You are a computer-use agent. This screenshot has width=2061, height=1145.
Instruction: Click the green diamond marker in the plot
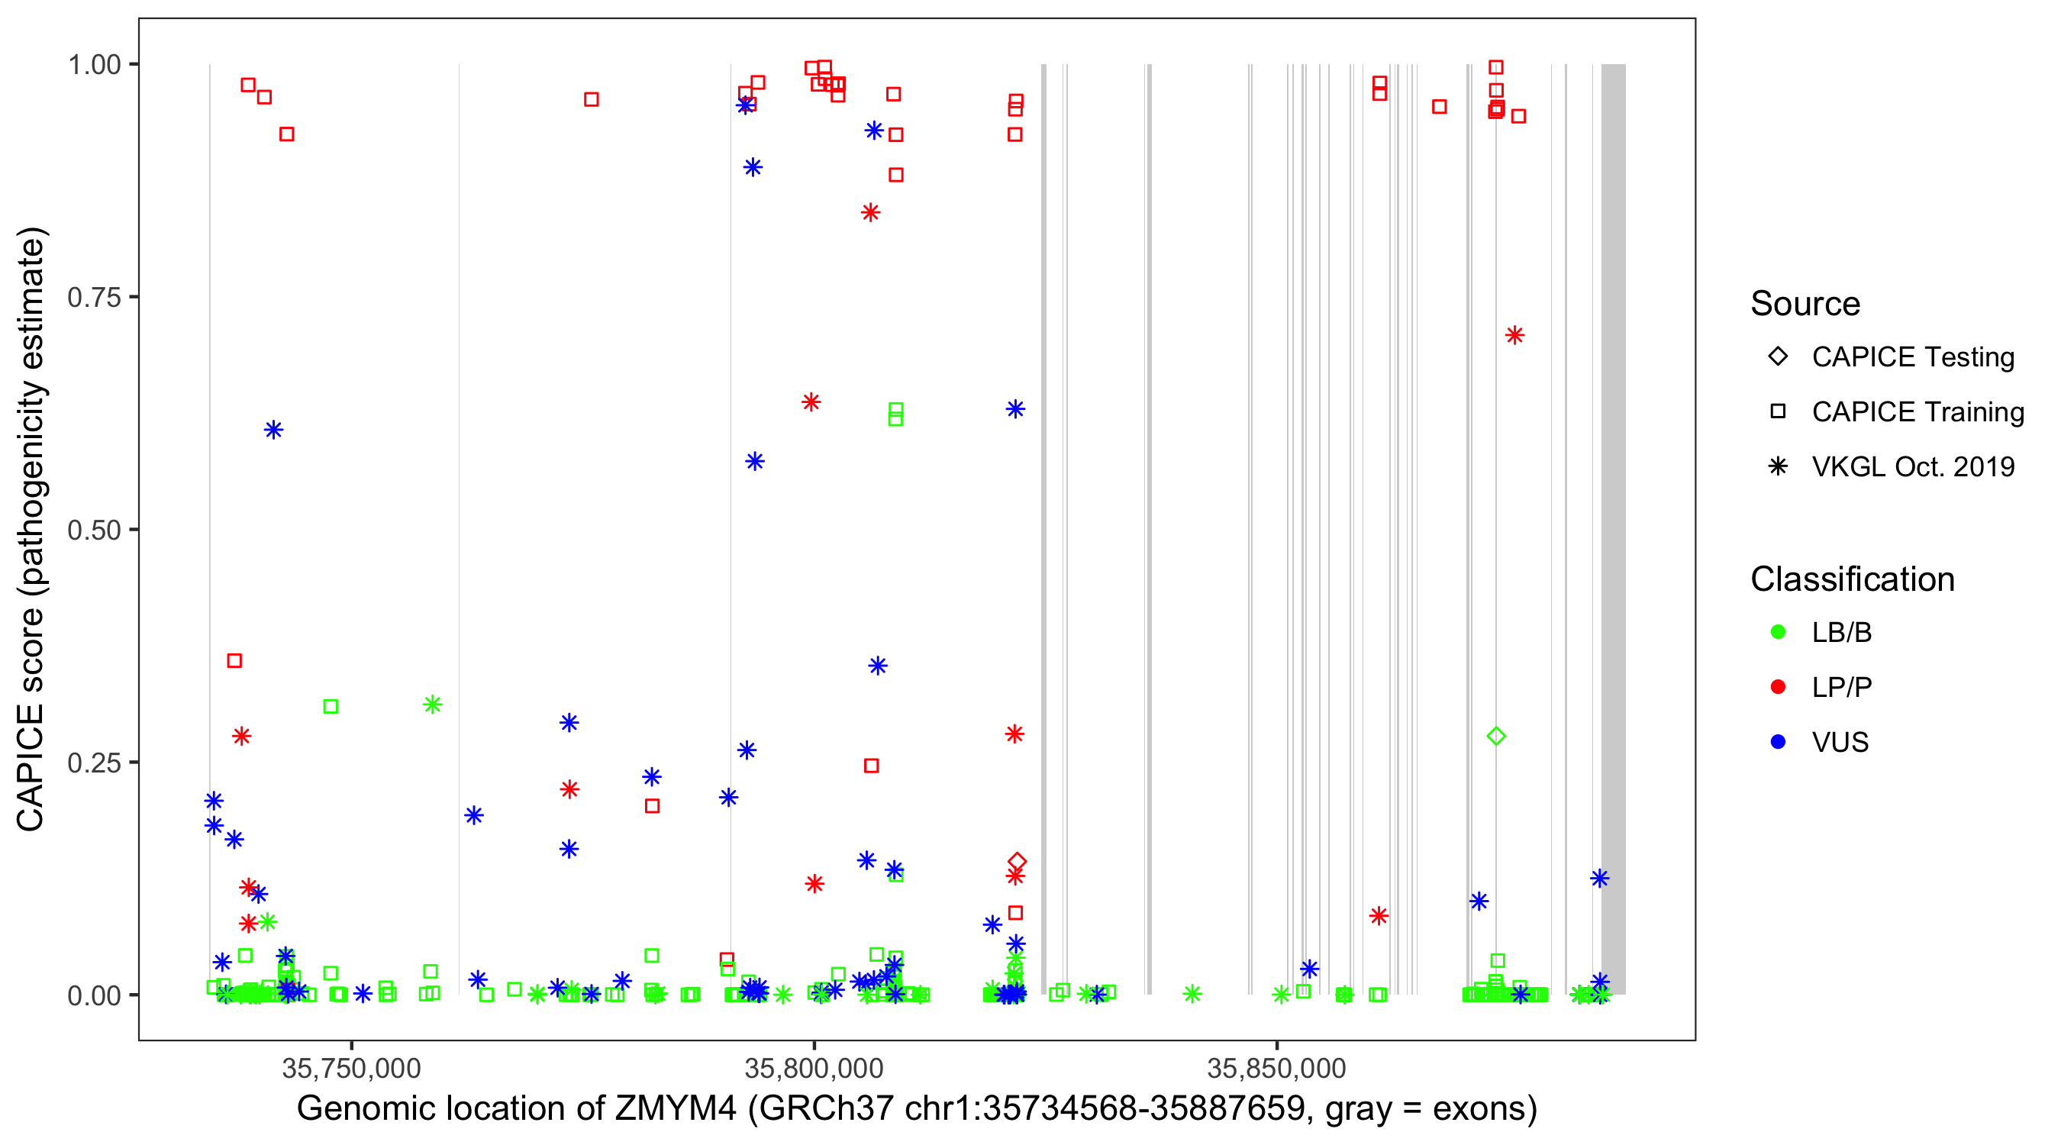coord(1495,735)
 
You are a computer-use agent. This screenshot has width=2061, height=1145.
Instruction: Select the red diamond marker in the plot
coord(1016,861)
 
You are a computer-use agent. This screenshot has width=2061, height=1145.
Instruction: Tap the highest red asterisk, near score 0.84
coord(870,212)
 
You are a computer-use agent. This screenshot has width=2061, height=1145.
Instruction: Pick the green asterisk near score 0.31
coord(432,704)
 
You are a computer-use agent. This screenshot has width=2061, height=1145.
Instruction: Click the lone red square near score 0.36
coord(234,660)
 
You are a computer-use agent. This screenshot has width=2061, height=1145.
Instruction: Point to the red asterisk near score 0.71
coord(1514,334)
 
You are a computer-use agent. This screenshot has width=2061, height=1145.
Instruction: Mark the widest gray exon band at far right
coord(1613,528)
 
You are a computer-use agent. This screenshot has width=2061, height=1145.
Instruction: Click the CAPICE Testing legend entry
coord(1912,357)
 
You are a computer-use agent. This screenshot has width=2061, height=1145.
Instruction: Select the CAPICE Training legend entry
coord(1917,411)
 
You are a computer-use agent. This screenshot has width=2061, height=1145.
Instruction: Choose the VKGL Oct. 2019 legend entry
coord(1912,466)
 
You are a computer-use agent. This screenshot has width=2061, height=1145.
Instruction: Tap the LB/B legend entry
coord(1841,632)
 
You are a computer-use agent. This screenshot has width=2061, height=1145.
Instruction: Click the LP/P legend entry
coord(1841,687)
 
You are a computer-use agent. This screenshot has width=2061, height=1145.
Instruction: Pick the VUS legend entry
coord(1840,742)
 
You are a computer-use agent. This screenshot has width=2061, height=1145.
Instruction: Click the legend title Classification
coord(1852,579)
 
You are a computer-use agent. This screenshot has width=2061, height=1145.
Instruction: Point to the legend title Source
coord(1805,304)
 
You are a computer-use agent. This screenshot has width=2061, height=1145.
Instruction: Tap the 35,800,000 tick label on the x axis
coord(814,1068)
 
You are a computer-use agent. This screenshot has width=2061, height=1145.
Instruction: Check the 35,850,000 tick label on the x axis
coord(1276,1068)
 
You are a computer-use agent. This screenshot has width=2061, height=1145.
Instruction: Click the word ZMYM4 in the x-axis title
coord(676,1109)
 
